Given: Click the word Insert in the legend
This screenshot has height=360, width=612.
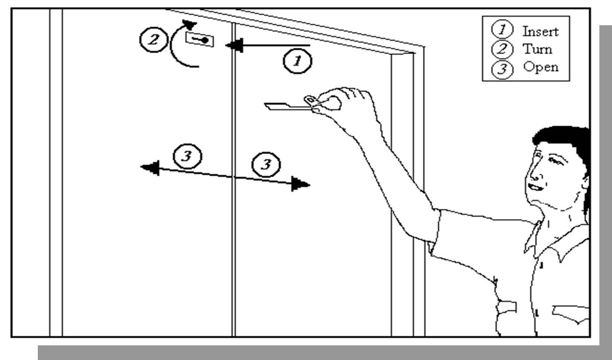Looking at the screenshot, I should [x=540, y=31].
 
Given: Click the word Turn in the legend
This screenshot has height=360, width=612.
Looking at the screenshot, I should [x=537, y=49].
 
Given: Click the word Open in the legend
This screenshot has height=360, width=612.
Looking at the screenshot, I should [x=541, y=67].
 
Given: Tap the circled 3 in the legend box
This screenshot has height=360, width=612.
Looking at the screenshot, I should [x=502, y=70].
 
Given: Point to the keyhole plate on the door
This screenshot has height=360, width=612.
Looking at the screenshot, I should [x=200, y=39].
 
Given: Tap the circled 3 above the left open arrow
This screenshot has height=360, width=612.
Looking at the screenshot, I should [x=187, y=157].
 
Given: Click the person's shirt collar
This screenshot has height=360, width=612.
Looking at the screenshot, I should [x=545, y=237].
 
